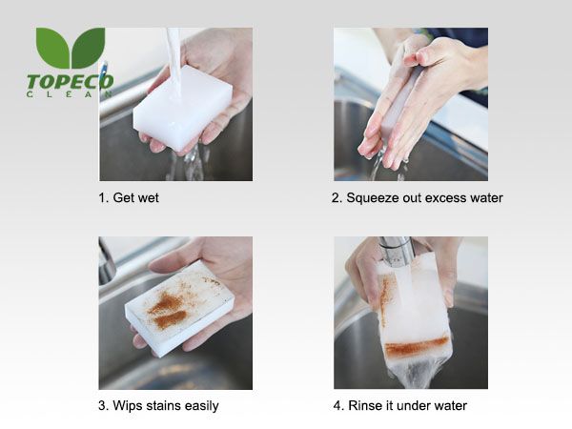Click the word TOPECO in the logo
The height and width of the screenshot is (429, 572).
tap(70, 82)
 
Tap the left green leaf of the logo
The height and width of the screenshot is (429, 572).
tap(52, 46)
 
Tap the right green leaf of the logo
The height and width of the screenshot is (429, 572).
tap(89, 47)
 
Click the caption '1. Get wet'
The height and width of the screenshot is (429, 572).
tap(129, 197)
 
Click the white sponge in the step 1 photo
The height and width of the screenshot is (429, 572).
tap(183, 108)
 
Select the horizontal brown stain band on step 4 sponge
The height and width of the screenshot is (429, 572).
tap(417, 346)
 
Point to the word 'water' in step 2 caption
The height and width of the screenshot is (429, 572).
tap(486, 198)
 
